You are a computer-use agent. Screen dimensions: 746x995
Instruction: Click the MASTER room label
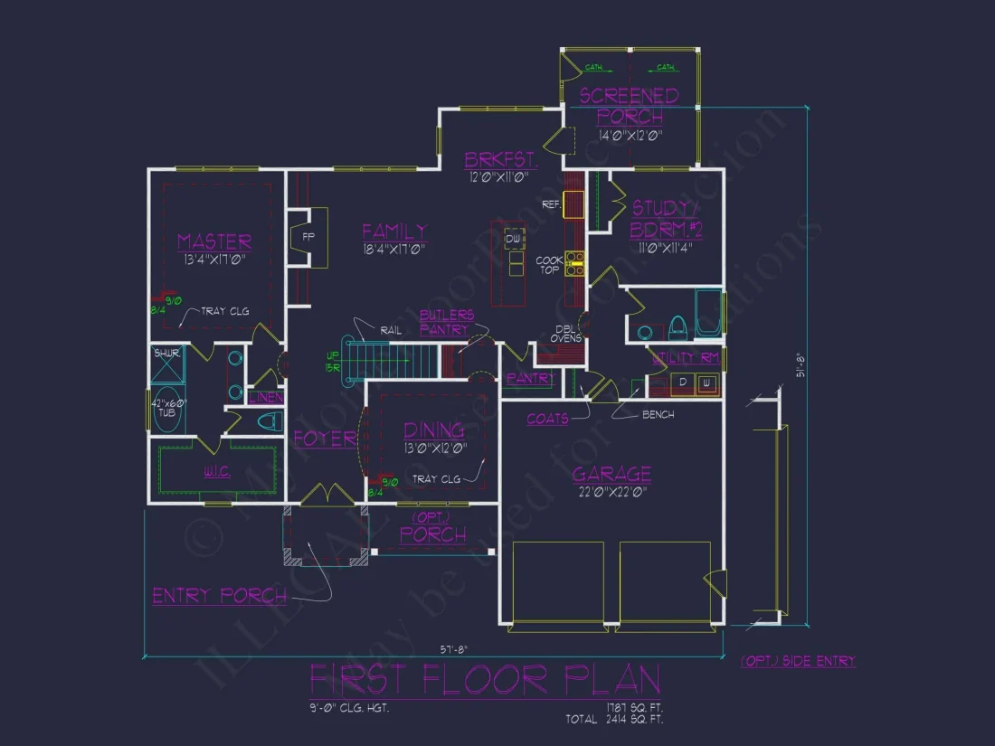(x=214, y=241)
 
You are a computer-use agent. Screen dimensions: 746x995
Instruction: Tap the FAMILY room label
(x=394, y=231)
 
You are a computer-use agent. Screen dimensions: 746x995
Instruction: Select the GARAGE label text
(x=611, y=475)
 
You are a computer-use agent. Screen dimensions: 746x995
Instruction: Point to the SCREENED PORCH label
(x=630, y=106)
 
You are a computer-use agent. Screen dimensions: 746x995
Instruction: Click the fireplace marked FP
(x=308, y=237)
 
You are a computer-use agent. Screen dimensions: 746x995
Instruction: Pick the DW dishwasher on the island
(x=514, y=239)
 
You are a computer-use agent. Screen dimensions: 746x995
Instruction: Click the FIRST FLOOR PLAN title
(x=485, y=679)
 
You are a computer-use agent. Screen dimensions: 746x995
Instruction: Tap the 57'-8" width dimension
(x=454, y=648)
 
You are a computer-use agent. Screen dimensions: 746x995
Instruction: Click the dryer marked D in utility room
(x=684, y=383)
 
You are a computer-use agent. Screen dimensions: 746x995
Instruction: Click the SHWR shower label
(x=166, y=354)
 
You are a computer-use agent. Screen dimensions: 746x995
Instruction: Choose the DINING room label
(x=434, y=430)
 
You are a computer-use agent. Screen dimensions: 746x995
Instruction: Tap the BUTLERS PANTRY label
(x=446, y=322)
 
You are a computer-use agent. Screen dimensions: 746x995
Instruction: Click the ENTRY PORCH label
(x=219, y=596)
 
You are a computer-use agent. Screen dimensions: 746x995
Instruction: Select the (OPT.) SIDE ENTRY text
(x=798, y=661)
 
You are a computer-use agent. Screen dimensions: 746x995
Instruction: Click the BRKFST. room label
(x=501, y=161)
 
